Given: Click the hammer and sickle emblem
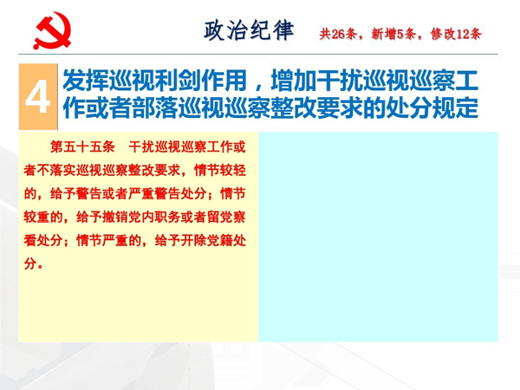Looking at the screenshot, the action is [x=52, y=30].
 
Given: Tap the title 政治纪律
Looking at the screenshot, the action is [x=249, y=30].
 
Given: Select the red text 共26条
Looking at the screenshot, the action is [x=338, y=34].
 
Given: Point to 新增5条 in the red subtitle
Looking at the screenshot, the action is [x=393, y=34].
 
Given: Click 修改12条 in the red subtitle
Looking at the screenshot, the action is [x=456, y=34].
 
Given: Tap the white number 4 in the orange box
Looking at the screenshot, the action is [x=38, y=97].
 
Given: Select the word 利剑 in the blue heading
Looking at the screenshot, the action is [x=166, y=81].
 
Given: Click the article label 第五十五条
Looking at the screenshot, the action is [x=82, y=146].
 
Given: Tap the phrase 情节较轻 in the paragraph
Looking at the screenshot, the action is [x=220, y=171].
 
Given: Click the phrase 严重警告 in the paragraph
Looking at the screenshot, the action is [x=154, y=193].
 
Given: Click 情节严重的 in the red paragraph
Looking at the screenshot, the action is [x=109, y=240].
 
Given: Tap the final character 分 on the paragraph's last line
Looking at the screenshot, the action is [x=29, y=264].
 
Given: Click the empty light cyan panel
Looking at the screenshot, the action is [x=378, y=237].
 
